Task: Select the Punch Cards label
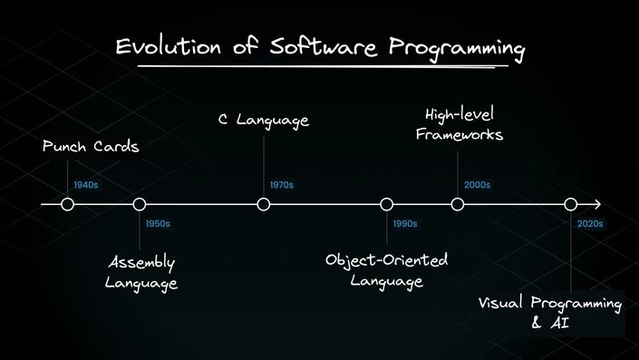point(91,147)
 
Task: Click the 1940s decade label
point(86,185)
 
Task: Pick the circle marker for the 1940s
point(67,204)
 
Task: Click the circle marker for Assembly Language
point(140,204)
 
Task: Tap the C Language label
point(264,120)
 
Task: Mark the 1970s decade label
point(281,185)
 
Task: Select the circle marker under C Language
point(264,204)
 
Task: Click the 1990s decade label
point(405,223)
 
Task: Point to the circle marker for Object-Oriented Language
point(387,204)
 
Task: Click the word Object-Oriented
point(387,261)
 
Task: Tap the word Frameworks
point(464,135)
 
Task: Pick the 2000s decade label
point(477,185)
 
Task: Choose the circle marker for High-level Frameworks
point(458,204)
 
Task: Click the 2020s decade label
point(590,223)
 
